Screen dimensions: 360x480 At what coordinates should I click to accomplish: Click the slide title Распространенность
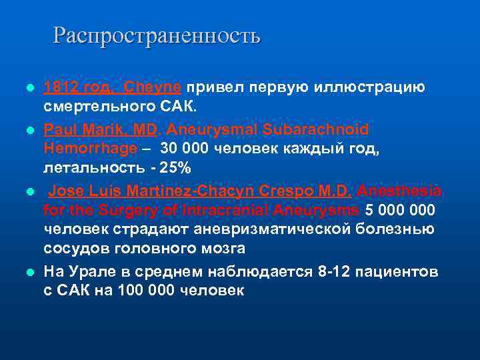click(x=157, y=35)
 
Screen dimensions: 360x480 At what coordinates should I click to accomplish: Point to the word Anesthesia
click(x=398, y=191)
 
